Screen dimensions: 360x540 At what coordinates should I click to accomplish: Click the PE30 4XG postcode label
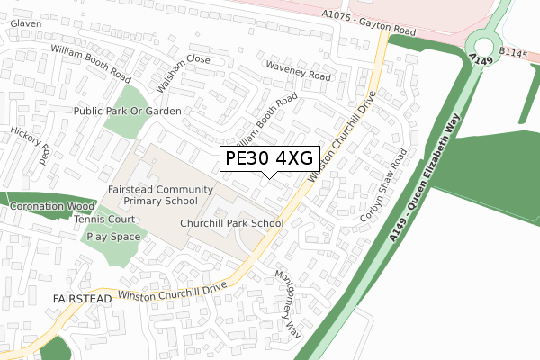[x=268, y=158]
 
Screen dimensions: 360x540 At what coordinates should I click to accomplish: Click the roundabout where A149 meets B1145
[x=485, y=46]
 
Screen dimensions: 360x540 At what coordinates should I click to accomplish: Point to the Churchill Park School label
[x=231, y=223]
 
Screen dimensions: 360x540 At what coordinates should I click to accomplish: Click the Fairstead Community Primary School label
[x=160, y=196]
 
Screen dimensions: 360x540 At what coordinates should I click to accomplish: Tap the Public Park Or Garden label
[x=127, y=111]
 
